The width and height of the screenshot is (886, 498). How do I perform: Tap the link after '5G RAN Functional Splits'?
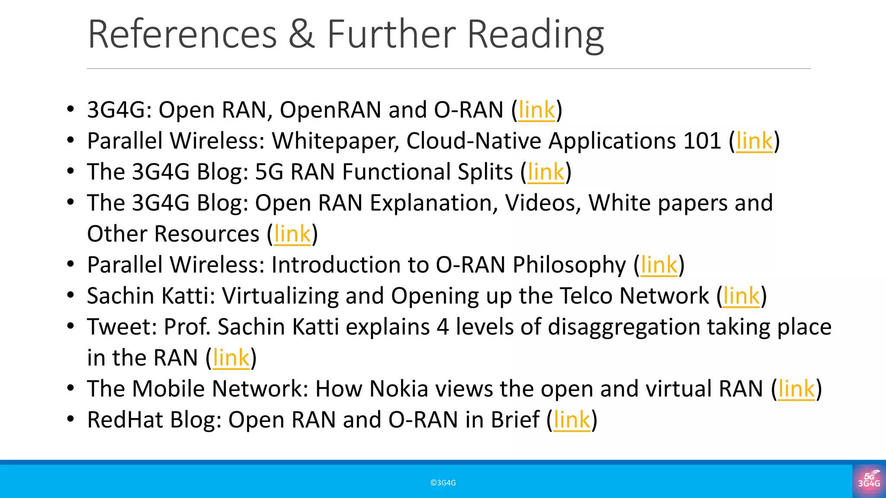pyautogui.click(x=546, y=172)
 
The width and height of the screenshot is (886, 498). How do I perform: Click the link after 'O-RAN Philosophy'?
pyautogui.click(x=659, y=265)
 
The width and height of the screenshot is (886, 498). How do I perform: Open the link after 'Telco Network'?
pyautogui.click(x=741, y=296)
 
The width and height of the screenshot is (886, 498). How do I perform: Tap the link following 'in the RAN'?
pyautogui.click(x=231, y=358)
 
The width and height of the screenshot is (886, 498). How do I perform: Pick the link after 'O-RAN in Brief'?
pyautogui.click(x=571, y=420)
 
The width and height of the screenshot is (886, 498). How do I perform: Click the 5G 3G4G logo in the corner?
pyautogui.click(x=869, y=480)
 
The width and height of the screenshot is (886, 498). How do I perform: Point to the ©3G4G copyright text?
pyautogui.click(x=443, y=483)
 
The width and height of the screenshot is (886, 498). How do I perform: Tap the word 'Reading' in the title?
pyautogui.click(x=536, y=35)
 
